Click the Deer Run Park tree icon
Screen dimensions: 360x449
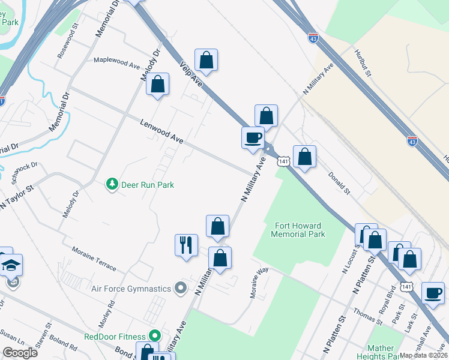[x=112, y=184]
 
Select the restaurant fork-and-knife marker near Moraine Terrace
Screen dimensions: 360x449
[x=186, y=245]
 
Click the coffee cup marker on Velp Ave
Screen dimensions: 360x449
[x=253, y=137]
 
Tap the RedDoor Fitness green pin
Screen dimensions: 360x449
[x=155, y=337]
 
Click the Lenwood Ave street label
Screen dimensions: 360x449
[x=161, y=131]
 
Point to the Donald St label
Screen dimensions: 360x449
[x=339, y=182]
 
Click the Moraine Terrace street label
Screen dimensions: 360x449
[x=93, y=257]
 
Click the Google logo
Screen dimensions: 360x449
[x=20, y=353]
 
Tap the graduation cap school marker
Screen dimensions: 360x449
[x=11, y=265]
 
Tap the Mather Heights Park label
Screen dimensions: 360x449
[x=379, y=352]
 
